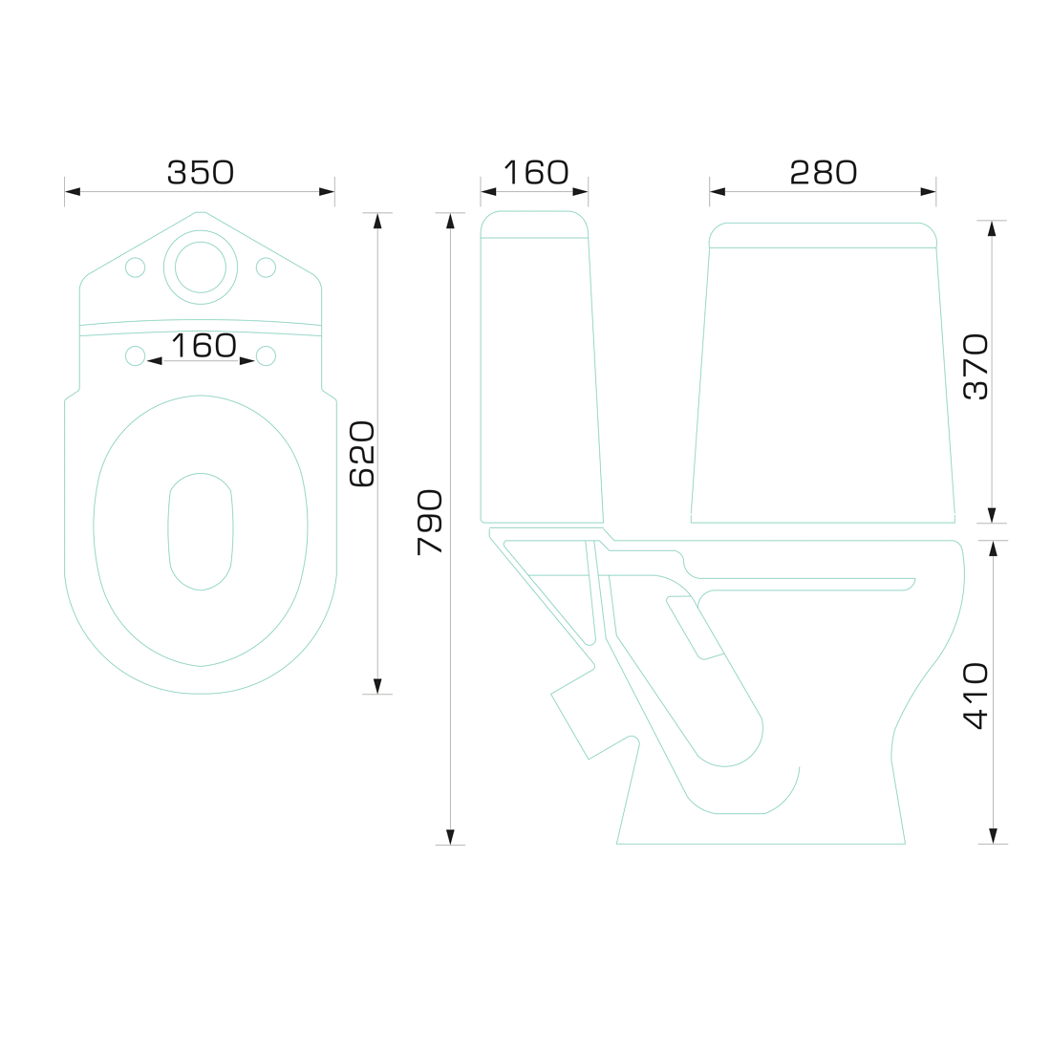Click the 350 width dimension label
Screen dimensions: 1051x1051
(x=201, y=172)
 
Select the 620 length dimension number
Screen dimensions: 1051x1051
(x=363, y=453)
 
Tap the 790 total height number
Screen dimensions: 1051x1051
(x=430, y=522)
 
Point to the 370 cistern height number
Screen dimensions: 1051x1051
(x=976, y=367)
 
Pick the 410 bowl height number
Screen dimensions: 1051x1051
(x=976, y=696)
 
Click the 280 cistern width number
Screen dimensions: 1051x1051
(x=823, y=172)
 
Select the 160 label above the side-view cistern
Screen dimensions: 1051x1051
(x=536, y=172)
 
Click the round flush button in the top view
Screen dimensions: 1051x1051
(x=201, y=267)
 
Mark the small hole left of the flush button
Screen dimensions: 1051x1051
(x=136, y=267)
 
